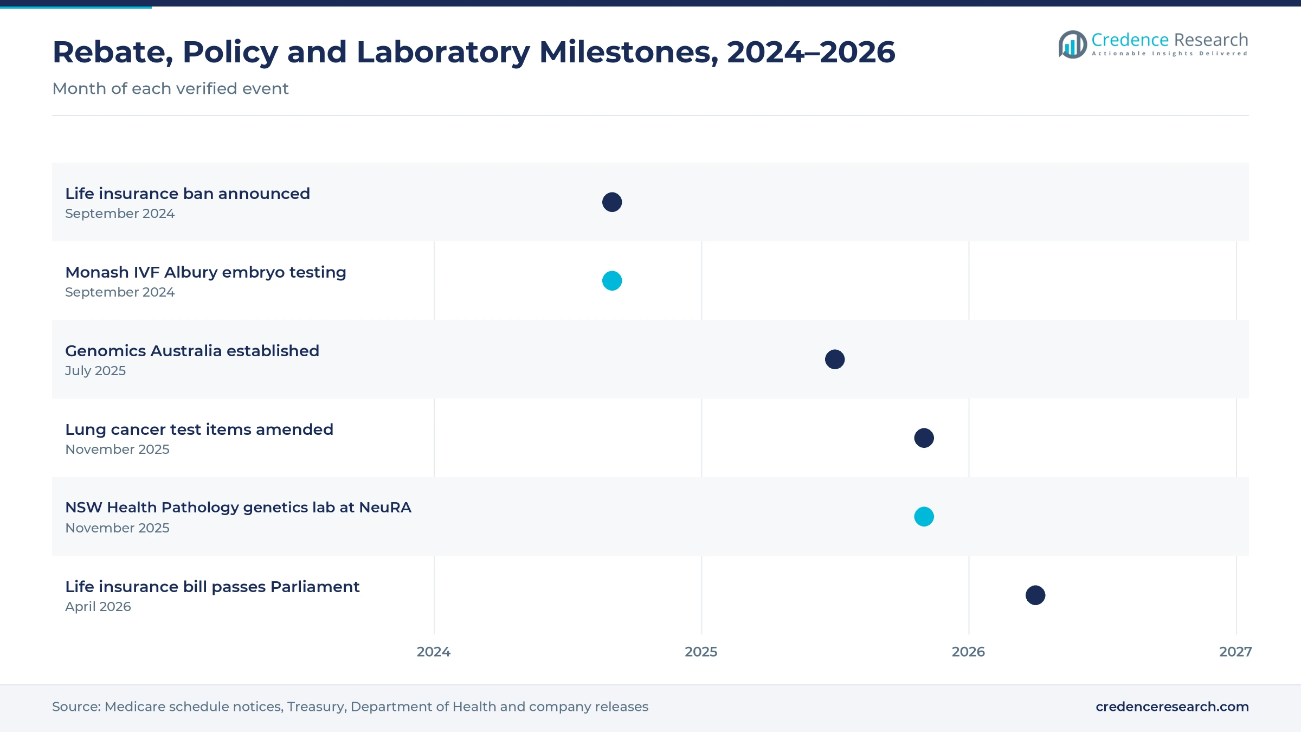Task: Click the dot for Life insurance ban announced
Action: click(612, 202)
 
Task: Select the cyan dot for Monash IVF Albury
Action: click(612, 281)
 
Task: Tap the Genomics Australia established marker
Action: click(835, 359)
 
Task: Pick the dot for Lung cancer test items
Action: click(924, 438)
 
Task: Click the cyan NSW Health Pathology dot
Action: click(924, 517)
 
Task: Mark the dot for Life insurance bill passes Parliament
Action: click(1035, 595)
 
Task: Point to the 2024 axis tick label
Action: click(434, 652)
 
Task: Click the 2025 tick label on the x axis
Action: click(701, 652)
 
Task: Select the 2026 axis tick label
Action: click(968, 652)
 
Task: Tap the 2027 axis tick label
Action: click(1235, 652)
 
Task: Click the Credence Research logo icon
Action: click(1073, 44)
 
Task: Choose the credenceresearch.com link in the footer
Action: click(1172, 707)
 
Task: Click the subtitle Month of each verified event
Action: click(170, 88)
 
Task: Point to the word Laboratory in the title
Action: click(443, 52)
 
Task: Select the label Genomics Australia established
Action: click(192, 351)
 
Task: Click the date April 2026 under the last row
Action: click(98, 607)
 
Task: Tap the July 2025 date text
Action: click(95, 371)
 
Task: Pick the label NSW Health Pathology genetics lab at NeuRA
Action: click(238, 508)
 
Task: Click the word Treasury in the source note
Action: click(317, 707)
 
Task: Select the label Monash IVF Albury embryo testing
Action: click(205, 272)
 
